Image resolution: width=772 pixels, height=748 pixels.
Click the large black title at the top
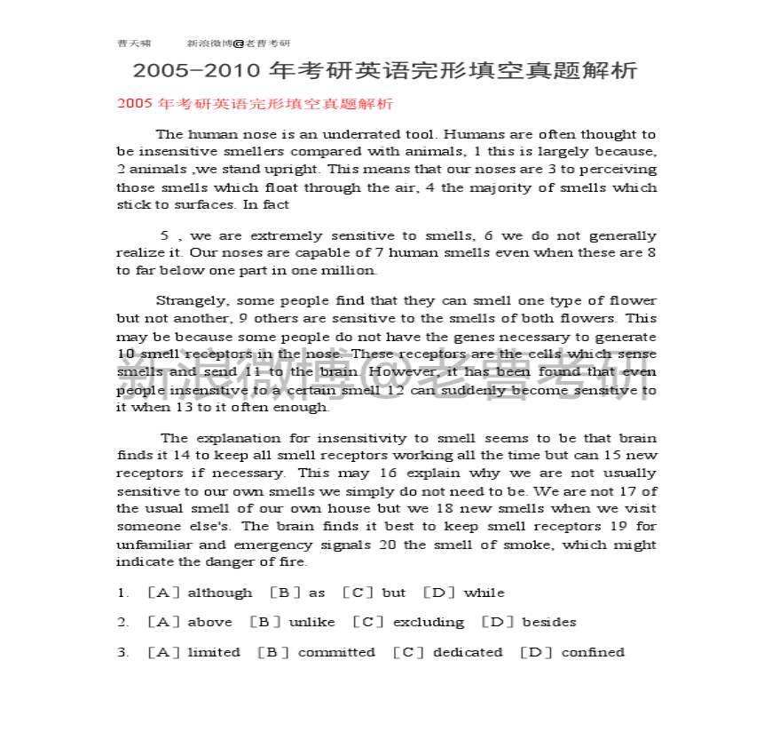385,71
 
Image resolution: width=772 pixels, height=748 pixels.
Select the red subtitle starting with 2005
255,104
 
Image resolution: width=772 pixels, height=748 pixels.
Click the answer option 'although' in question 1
219,593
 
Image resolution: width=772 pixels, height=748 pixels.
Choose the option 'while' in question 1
484,593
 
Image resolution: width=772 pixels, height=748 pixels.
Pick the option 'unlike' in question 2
311,622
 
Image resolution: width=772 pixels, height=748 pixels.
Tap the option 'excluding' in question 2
428,622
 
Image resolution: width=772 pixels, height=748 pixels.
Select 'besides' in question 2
548,622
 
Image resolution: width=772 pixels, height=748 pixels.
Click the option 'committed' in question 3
336,652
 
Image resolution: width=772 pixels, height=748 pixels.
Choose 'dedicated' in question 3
467,652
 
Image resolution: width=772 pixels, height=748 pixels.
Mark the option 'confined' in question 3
592,652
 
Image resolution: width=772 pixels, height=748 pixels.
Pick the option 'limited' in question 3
214,652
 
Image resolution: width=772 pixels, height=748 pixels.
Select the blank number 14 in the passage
180,455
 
